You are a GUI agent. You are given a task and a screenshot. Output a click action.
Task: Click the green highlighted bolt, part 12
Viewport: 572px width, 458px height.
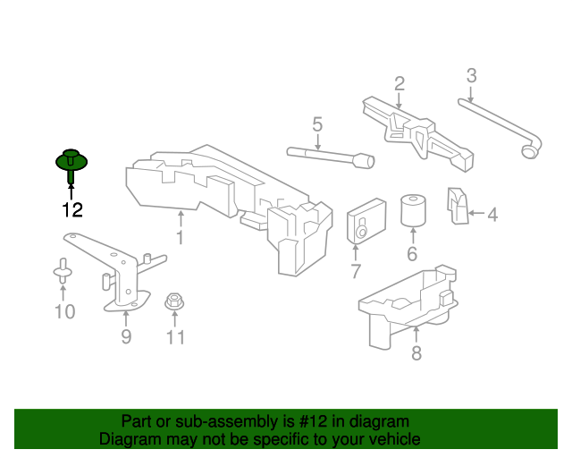pos(71,164)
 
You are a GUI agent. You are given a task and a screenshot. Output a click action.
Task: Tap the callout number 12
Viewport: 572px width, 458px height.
pos(72,210)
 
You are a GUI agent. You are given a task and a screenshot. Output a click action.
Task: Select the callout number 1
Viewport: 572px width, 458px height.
pos(181,237)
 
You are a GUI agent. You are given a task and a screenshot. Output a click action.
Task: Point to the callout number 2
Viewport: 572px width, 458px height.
pos(400,83)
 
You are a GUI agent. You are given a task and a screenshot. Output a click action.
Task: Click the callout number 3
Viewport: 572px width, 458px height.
pos(472,75)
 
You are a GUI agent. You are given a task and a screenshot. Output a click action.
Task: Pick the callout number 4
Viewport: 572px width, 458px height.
pos(492,215)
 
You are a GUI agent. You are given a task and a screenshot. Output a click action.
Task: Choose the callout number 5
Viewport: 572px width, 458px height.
pos(317,124)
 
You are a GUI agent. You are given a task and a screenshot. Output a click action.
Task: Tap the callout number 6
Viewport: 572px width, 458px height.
pos(412,254)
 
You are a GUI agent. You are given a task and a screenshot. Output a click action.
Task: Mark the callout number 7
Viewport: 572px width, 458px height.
pos(356,271)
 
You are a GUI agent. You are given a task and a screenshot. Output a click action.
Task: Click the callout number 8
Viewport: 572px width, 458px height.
pos(416,353)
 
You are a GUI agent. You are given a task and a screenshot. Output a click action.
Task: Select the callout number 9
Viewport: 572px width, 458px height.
pos(126,336)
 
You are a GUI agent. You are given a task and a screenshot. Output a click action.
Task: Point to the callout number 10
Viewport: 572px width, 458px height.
pos(65,311)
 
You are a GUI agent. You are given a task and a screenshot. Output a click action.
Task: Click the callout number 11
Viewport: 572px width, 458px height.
pos(175,337)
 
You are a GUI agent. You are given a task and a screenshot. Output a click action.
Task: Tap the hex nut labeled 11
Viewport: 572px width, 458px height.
pos(174,301)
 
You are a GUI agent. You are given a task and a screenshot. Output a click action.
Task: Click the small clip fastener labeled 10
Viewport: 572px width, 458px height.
pos(63,271)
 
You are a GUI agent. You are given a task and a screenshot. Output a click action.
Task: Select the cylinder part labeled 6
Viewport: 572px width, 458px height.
pos(413,211)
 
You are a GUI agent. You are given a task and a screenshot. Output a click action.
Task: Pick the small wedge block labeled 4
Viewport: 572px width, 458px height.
pos(458,206)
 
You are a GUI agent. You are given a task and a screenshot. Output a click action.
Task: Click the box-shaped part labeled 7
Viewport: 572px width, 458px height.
pos(366,221)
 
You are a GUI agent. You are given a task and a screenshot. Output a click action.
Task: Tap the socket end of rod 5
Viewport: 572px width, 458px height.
pos(366,160)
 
